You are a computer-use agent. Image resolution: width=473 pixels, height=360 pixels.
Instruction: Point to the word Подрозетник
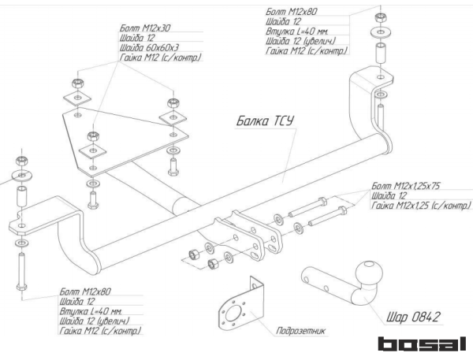[295, 331]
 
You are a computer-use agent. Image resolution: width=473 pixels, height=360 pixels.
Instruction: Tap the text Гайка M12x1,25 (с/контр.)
[419, 206]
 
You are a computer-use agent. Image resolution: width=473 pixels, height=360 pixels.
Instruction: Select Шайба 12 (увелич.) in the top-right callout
[304, 42]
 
